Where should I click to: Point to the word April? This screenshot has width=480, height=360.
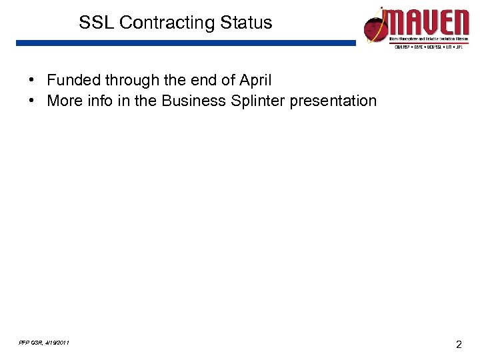255,81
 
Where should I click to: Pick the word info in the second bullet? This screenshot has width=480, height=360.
99,101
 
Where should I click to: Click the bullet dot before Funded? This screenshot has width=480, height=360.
32,81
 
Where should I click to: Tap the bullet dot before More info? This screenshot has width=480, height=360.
32,101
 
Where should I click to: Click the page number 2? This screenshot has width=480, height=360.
458,345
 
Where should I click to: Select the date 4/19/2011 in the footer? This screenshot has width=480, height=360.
55,343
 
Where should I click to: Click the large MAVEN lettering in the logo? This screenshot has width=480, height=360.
429,23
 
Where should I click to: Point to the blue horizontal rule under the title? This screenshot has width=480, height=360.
187,43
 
